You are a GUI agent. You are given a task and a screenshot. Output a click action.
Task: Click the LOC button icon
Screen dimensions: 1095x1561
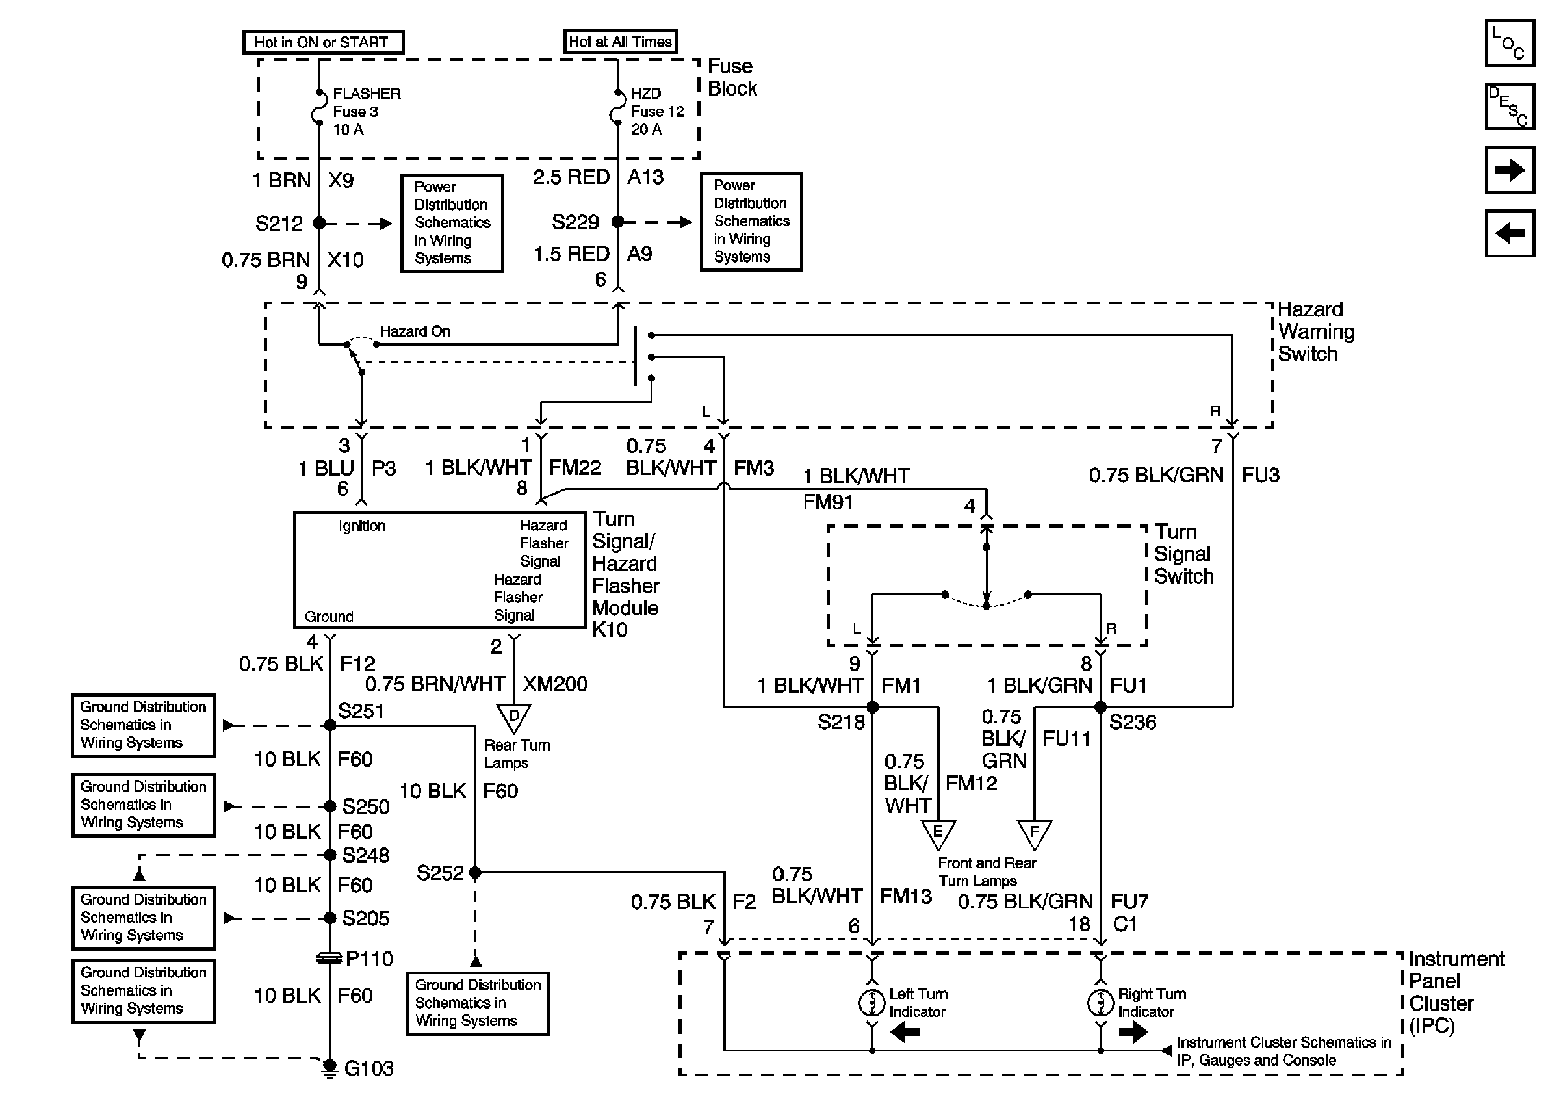coord(1509,44)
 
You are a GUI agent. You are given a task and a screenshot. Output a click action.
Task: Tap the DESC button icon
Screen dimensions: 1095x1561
coord(1509,107)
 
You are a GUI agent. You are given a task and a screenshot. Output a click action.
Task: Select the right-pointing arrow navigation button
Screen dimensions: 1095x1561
coord(1509,170)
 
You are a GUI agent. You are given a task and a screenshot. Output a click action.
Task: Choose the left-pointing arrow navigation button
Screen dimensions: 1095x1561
coord(1509,233)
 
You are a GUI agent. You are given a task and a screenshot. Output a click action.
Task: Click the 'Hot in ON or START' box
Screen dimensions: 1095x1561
coord(323,42)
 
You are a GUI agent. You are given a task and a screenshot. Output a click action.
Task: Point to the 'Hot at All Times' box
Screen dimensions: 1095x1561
coord(620,42)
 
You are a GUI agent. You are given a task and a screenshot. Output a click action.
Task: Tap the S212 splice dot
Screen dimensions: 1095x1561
coord(319,223)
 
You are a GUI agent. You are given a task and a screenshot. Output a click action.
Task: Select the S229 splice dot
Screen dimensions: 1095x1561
coord(617,222)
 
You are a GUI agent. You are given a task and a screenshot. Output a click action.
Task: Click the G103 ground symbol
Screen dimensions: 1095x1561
coord(329,1068)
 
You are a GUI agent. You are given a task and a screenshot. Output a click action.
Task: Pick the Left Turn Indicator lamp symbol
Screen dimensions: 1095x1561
coord(872,1003)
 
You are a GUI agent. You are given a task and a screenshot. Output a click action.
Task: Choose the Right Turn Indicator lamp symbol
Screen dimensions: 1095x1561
coord(1100,1003)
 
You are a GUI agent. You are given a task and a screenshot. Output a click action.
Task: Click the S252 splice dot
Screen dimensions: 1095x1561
coord(474,872)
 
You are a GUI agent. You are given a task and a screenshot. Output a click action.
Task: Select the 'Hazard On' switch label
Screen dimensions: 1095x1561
coord(415,331)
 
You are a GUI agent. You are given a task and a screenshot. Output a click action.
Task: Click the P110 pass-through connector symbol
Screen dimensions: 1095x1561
coord(329,959)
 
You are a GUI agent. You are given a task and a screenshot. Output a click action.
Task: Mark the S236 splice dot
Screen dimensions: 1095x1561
coord(1100,708)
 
